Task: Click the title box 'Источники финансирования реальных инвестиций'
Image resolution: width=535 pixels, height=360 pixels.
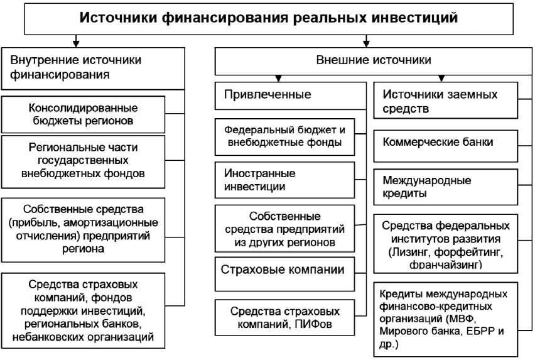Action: [267, 18]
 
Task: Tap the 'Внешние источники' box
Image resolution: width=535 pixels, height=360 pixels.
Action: [373, 62]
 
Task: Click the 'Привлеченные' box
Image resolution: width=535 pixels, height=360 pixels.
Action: [289, 95]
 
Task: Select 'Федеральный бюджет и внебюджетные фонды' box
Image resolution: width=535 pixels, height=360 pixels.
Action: [284, 136]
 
